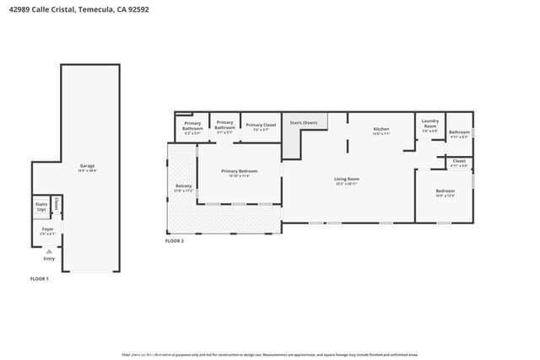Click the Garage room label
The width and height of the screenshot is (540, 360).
(87, 167)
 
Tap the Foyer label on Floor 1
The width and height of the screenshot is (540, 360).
(47, 229)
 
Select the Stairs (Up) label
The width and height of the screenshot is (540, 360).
(41, 206)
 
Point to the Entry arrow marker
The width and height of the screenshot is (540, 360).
(49, 250)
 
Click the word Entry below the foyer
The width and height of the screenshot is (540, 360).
(49, 258)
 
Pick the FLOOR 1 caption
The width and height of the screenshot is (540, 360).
(40, 278)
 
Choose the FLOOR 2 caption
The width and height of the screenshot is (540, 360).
(174, 241)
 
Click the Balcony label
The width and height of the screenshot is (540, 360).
(183, 187)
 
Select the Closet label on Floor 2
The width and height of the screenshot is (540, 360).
(459, 162)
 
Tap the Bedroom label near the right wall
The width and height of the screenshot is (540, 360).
(445, 192)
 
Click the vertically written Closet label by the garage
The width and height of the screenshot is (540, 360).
(57, 203)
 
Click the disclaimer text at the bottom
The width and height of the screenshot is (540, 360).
(269, 354)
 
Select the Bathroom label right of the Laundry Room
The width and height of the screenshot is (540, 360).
(459, 132)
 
